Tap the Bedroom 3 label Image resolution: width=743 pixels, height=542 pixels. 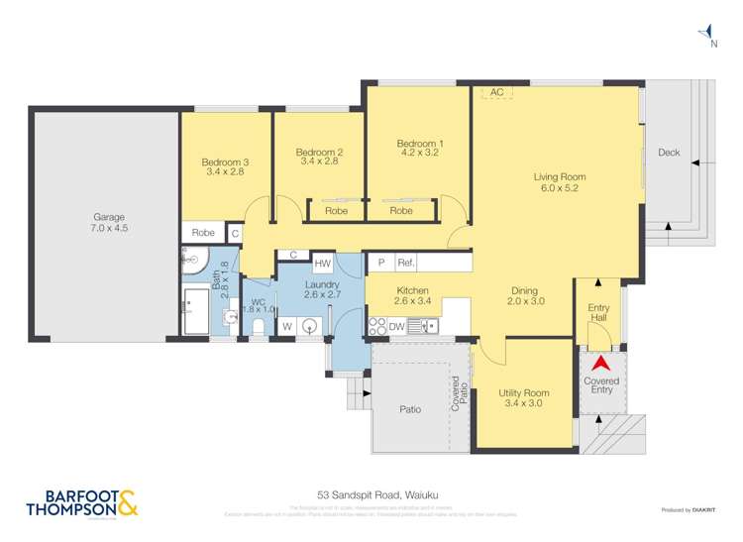[223, 163]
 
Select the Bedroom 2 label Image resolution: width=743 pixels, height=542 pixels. [319, 153]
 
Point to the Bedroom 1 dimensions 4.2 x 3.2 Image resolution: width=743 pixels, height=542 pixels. [420, 154]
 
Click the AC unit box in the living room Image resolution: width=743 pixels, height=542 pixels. [496, 92]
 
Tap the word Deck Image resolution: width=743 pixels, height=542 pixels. [669, 153]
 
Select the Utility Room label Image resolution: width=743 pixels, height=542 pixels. [523, 393]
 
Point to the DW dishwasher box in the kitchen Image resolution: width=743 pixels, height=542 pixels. [396, 326]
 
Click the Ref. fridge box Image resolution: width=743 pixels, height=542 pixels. [405, 264]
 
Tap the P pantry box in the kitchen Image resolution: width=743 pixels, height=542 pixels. [379, 264]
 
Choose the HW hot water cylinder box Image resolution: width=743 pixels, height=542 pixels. [322, 265]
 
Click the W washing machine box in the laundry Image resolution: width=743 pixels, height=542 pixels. [286, 326]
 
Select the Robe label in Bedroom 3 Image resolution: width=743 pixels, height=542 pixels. [203, 233]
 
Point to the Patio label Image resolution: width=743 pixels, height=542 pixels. [410, 408]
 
